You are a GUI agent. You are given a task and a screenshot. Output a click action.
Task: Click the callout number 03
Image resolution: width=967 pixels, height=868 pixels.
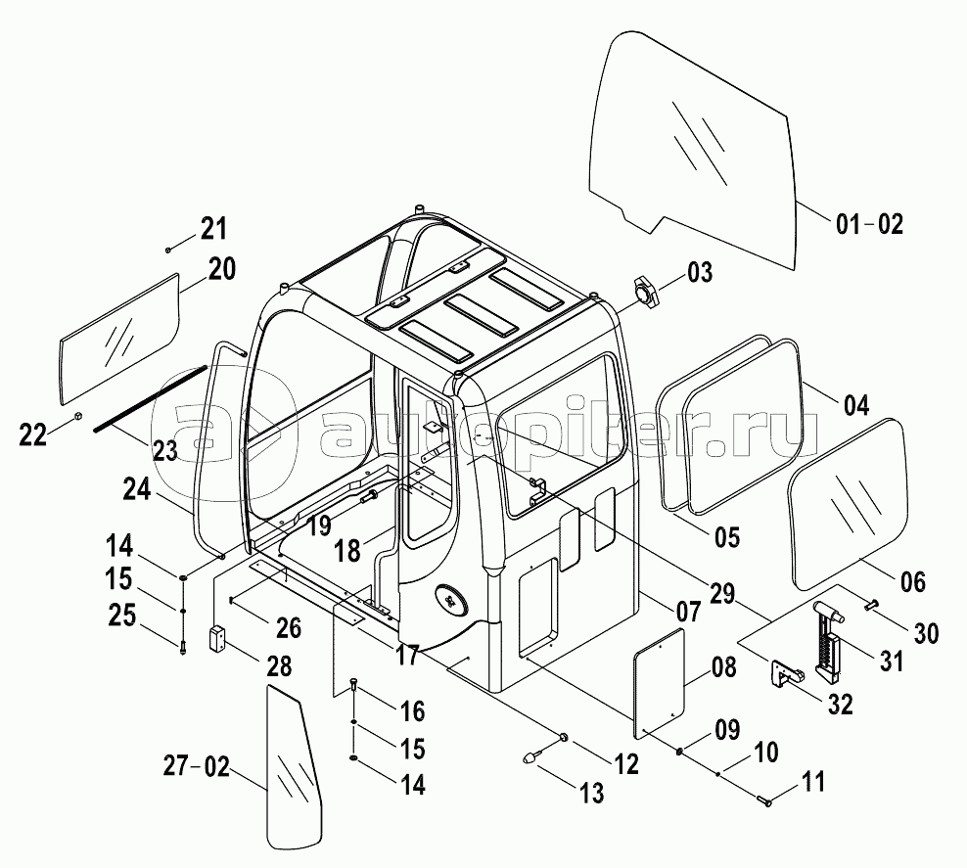point(700,272)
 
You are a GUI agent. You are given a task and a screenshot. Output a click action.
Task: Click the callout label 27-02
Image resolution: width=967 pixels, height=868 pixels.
point(196,767)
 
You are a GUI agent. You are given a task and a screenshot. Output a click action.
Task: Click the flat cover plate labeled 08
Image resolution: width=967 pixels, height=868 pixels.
point(660,682)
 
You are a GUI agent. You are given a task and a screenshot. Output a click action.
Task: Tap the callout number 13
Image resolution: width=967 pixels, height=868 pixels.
point(591,793)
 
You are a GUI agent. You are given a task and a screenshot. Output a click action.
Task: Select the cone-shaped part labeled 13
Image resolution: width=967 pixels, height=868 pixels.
point(532,755)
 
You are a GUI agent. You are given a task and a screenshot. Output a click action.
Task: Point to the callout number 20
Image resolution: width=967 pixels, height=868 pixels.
point(221,269)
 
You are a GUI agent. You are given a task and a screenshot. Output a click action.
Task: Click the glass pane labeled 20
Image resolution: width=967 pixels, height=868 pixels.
point(119,339)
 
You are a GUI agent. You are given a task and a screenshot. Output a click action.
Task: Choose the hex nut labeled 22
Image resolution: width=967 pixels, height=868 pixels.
point(78,416)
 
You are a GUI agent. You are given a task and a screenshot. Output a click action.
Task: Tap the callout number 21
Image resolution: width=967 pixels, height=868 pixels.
point(212,229)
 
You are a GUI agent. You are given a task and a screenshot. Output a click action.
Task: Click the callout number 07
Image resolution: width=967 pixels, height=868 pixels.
point(688,612)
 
